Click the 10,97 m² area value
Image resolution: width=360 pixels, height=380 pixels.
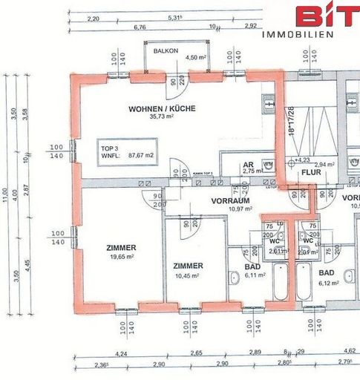[230, 209]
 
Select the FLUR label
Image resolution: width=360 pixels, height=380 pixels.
[311, 172]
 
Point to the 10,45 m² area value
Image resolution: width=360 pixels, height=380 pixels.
[189, 274]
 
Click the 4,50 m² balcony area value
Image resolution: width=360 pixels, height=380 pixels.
[196, 57]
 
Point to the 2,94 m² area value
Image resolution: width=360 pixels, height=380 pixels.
[324, 164]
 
